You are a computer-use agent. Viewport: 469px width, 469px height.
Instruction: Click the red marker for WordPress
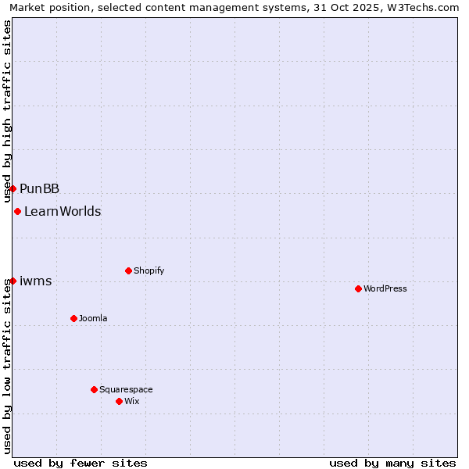(x=358, y=288)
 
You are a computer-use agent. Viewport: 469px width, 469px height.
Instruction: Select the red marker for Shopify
(x=128, y=270)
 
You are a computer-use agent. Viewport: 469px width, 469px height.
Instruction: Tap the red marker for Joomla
(x=73, y=318)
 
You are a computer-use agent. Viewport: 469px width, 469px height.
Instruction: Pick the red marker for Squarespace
(x=94, y=389)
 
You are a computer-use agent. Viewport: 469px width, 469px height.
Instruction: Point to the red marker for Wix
(x=119, y=401)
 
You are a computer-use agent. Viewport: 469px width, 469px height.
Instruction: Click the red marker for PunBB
(x=13, y=188)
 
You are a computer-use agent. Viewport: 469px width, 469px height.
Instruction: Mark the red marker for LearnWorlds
(x=17, y=211)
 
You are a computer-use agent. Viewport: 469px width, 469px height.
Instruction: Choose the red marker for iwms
(x=13, y=281)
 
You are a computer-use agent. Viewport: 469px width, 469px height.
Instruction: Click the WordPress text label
(x=385, y=288)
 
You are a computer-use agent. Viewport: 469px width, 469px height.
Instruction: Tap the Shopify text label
(x=149, y=270)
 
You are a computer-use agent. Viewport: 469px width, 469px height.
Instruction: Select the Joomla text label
(x=93, y=318)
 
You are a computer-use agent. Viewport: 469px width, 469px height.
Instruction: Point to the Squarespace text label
(x=126, y=389)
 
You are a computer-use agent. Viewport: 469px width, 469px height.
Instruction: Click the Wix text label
(x=132, y=401)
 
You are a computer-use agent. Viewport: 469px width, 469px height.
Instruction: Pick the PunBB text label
(x=40, y=188)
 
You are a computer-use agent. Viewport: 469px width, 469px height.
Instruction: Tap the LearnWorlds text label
(x=63, y=211)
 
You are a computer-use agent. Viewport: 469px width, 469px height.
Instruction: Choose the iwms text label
(x=36, y=281)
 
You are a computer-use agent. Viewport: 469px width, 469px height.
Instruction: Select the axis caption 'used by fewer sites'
(x=81, y=463)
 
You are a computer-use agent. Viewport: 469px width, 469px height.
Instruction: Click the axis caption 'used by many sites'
(x=392, y=463)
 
